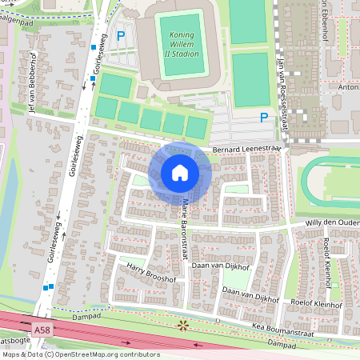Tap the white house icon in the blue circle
180,173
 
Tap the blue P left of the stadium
121,36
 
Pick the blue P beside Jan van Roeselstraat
263,118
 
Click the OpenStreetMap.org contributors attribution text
104,354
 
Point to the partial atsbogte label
13,342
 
